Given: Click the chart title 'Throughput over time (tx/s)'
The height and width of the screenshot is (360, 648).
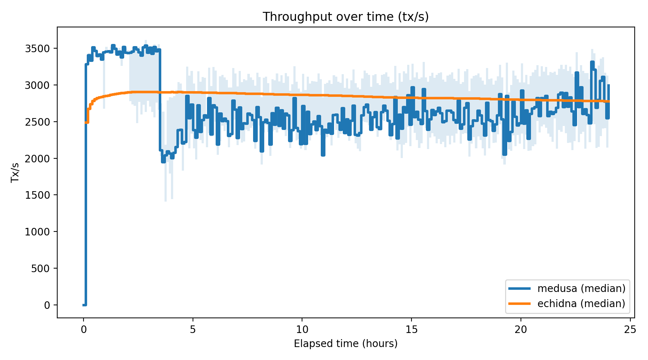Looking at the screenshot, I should [346, 17].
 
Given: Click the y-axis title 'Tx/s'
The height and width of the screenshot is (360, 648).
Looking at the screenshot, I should [15, 172].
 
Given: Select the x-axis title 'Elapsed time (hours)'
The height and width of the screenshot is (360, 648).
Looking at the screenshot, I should [346, 343].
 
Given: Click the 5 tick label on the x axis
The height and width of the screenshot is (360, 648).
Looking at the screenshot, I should [193, 329].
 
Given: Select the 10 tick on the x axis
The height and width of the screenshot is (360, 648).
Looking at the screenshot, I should [302, 329].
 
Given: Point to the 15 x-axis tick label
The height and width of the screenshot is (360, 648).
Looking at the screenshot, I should [411, 329].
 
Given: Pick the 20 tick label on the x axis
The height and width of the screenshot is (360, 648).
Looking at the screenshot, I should [521, 329].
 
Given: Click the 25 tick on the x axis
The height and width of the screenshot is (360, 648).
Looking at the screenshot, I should [630, 329].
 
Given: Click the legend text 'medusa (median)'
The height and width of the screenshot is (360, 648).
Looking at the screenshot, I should [581, 288].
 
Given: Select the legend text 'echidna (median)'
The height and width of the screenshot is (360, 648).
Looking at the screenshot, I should [581, 303].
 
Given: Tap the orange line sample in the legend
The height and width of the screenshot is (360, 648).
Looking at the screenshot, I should [519, 303].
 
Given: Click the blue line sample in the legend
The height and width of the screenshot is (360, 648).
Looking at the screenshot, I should [519, 288].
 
